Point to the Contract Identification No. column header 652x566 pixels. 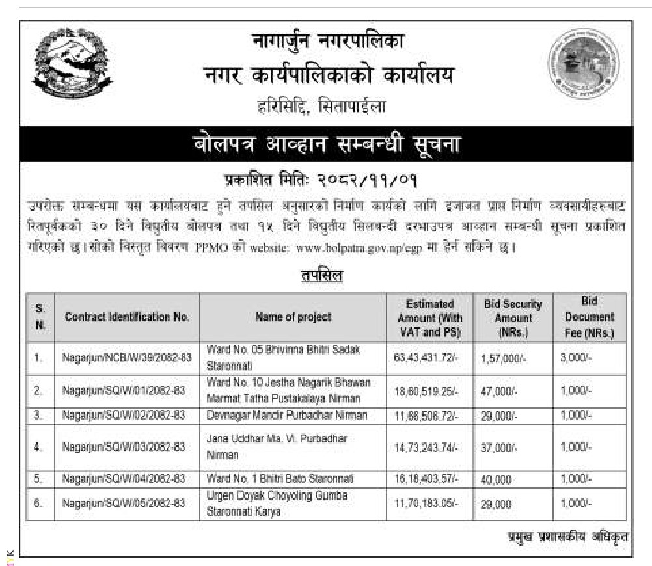coord(127,317)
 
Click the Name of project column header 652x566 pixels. coord(293,317)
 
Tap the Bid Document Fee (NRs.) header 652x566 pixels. coord(589,317)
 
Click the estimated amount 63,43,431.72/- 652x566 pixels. coord(427,357)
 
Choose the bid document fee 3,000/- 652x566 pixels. coord(576,357)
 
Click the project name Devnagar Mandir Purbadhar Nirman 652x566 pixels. coord(287,414)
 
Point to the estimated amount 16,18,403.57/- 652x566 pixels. coord(427,479)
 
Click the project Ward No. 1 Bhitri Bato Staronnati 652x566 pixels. coord(280,479)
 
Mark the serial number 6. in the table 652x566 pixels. coord(38,503)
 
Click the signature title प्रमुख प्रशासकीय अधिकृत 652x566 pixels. coord(568,537)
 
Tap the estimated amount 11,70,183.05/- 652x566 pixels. coord(427,503)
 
